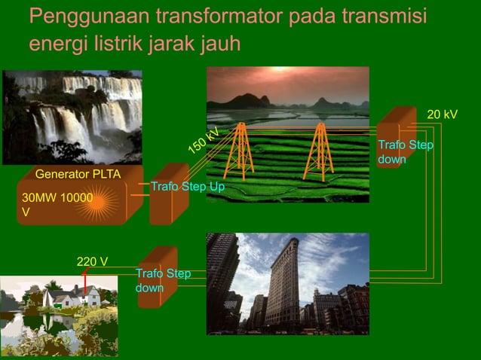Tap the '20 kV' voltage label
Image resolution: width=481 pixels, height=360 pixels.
[442, 114]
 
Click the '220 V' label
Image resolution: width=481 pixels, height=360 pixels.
[92, 262]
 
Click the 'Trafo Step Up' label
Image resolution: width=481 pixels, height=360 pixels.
[188, 186]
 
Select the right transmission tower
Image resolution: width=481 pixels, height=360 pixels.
[319, 151]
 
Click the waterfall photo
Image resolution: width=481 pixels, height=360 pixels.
[72, 117]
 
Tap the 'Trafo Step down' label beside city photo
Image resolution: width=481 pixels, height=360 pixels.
[163, 280]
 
